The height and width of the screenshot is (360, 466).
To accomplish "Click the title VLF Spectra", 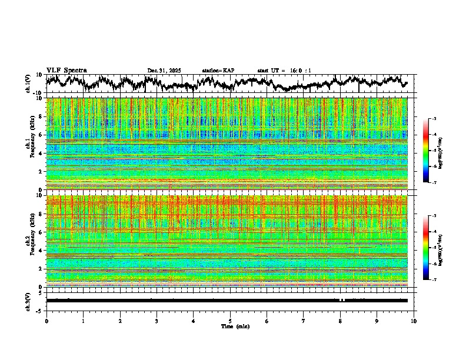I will click(x=66, y=71).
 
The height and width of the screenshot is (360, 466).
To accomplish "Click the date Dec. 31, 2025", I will click(x=164, y=71).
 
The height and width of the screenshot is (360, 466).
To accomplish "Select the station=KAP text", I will click(x=218, y=71).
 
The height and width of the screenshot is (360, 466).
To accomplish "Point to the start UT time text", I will click(x=284, y=71).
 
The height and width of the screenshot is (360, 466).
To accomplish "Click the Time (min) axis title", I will click(x=235, y=326).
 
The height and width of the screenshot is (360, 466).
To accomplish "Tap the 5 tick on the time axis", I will click(x=230, y=321).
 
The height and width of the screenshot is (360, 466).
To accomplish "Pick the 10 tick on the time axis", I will click(x=414, y=321).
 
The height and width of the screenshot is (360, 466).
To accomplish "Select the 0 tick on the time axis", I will click(x=46, y=321).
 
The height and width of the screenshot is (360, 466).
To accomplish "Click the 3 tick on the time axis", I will click(x=157, y=321).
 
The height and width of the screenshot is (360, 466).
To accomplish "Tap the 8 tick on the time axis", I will click(x=340, y=321).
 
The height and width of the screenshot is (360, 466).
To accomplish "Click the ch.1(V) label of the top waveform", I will click(x=28, y=84).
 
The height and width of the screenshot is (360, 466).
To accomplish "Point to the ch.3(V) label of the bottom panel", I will click(x=28, y=300).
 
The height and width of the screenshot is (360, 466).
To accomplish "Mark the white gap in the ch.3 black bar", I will click(x=341, y=300).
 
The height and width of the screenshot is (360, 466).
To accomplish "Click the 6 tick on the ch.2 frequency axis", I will click(x=42, y=232).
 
